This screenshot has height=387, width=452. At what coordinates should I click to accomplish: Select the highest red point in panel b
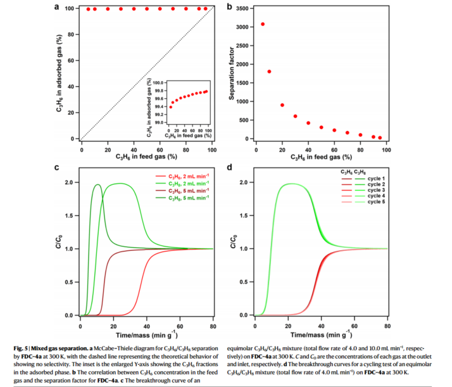263,24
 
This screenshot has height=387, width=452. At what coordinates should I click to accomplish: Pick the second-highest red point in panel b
269,72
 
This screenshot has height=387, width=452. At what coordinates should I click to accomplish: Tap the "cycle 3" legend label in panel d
377,190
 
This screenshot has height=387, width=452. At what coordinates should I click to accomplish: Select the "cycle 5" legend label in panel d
377,202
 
